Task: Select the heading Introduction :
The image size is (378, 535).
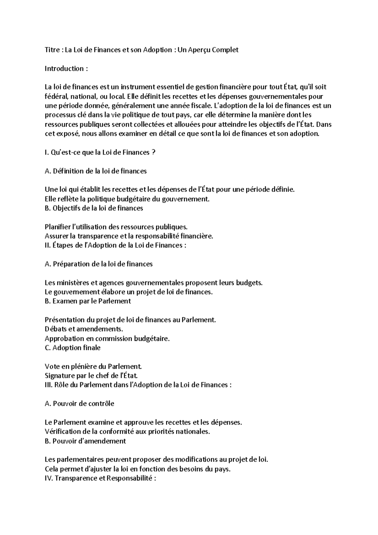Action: point(66,69)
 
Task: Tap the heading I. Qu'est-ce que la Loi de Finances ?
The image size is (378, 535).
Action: point(100,152)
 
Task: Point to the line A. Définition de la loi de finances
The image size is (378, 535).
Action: point(96,171)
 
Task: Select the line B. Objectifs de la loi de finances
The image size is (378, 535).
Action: point(94,208)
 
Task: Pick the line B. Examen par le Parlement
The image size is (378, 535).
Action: point(88,301)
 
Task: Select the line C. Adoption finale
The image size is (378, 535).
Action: point(73,348)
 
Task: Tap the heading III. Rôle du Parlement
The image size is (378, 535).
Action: point(138,385)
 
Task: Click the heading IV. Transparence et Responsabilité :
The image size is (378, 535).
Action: point(101,478)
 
